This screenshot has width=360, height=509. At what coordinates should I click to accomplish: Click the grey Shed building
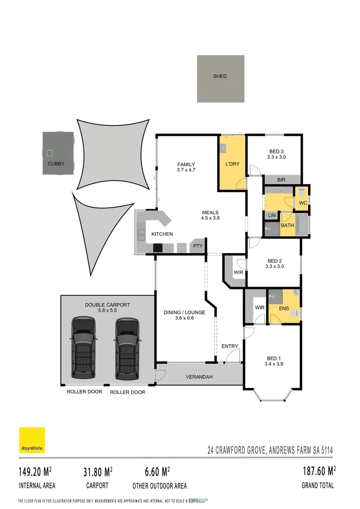[221, 79]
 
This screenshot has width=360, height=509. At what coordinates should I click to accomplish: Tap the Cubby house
[59, 153]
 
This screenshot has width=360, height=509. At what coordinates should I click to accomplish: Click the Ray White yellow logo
[32, 440]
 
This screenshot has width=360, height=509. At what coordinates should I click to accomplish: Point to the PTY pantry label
[196, 246]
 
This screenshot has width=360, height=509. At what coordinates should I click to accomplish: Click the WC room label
[303, 203]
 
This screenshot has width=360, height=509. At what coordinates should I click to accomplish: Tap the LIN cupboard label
[272, 215]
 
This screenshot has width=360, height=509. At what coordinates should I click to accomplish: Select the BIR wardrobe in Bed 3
[281, 180]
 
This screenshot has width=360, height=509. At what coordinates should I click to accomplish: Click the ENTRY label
[229, 346]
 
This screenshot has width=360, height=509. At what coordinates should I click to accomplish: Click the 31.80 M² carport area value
[97, 471]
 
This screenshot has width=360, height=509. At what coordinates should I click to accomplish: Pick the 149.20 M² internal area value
[35, 471]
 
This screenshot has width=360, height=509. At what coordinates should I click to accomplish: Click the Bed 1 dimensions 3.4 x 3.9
[274, 364]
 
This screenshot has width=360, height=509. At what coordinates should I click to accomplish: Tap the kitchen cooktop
[158, 247]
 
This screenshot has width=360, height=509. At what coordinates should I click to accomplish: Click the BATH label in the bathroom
[287, 226]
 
